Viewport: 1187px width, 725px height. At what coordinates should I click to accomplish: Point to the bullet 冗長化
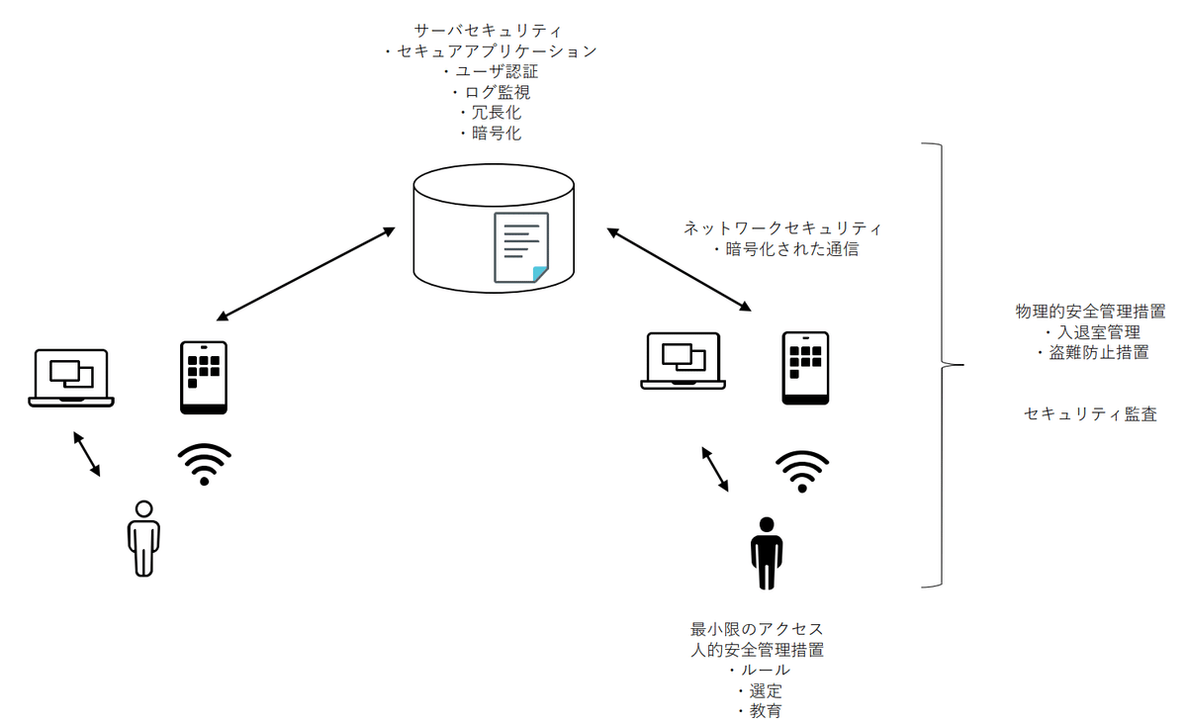(491, 113)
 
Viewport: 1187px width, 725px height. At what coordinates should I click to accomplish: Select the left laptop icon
(70, 377)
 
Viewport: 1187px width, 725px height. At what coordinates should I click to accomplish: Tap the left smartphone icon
(204, 377)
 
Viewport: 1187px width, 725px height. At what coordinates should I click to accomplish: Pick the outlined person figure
(143, 538)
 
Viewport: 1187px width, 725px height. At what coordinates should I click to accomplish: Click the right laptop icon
(684, 361)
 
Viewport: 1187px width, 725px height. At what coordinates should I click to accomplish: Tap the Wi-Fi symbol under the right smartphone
(802, 470)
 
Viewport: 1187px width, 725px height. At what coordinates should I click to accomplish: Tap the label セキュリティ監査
(1090, 414)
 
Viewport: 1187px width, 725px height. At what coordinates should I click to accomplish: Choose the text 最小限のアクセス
(757, 629)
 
